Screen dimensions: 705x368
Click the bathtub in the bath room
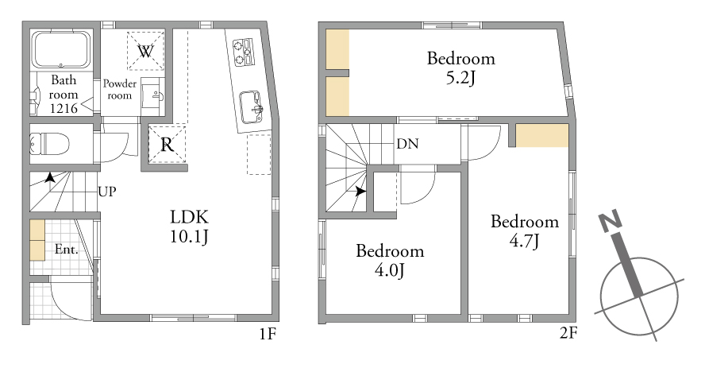click(61, 48)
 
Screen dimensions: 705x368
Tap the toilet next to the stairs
click(49, 144)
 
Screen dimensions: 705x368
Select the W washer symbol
click(145, 51)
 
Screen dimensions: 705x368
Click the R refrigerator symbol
click(167, 145)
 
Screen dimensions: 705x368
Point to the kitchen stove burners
click(243, 52)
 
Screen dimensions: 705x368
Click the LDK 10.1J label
click(189, 227)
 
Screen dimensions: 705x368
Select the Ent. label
click(67, 250)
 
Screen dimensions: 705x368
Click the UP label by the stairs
click(107, 192)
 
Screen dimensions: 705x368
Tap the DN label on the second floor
click(407, 144)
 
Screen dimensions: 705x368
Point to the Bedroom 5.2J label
click(460, 68)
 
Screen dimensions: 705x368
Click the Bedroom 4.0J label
click(390, 260)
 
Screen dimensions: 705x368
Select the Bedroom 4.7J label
click(525, 230)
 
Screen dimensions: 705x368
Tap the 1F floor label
click(267, 334)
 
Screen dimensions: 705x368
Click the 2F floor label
click(568, 333)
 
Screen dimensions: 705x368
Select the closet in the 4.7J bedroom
click(541, 135)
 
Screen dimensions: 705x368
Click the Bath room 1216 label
click(64, 94)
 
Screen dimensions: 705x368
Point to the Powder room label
click(120, 89)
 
